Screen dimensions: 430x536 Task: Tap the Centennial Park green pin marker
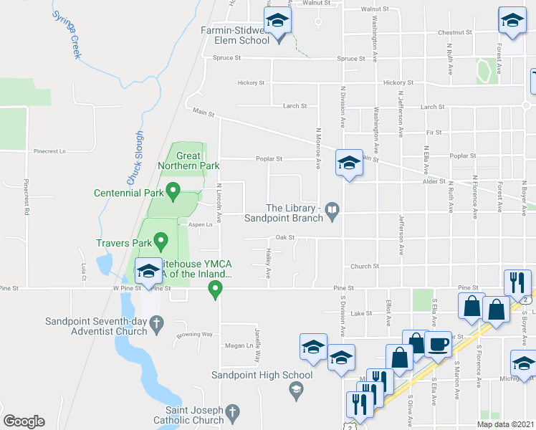point(173,191)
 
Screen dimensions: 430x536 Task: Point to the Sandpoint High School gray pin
point(295,390)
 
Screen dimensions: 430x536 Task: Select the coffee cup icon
point(439,344)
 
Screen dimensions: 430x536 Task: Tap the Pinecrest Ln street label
point(49,152)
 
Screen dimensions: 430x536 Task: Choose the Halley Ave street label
point(268,264)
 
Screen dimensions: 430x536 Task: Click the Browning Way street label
point(197,335)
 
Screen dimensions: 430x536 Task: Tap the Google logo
point(24,421)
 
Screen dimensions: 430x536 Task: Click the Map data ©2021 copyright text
point(504,424)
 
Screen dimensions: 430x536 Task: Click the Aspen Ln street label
point(201,224)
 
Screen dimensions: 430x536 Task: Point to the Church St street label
point(364,266)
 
